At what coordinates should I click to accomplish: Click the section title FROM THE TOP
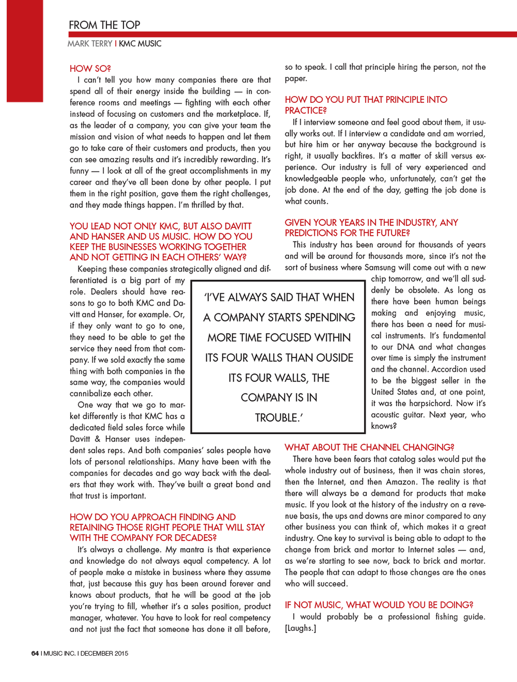tap(104, 25)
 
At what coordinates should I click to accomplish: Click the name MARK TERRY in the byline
tap(89, 44)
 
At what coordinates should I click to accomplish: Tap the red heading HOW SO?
tap(90, 69)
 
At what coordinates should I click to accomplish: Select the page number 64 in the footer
tap(35, 654)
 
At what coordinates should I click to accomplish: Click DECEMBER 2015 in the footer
tap(104, 654)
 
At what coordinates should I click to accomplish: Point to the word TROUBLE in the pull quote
tap(277, 418)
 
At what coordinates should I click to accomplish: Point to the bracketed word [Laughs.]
tap(300, 628)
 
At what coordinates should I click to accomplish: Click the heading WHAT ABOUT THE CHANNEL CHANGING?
tap(369, 448)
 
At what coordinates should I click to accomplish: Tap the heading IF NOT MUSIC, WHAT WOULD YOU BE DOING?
tap(379, 605)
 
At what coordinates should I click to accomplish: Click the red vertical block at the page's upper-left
tap(25, 51)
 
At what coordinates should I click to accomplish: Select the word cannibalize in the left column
tap(92, 393)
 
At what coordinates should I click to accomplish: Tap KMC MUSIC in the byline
tap(140, 44)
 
